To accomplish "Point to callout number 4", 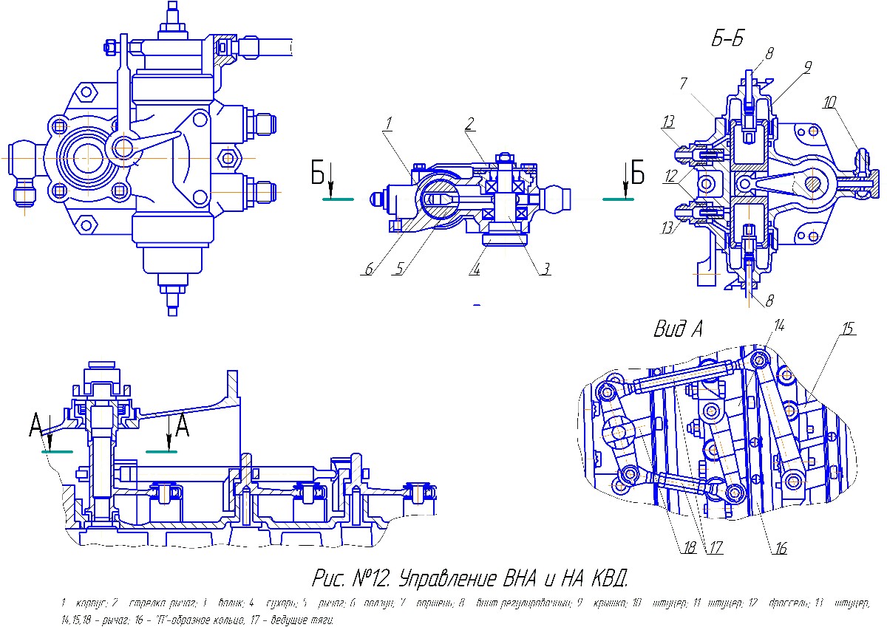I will pyautogui.click(x=474, y=270).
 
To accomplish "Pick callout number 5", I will pyautogui.click(x=400, y=269).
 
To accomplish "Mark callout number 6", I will pyautogui.click(x=367, y=269).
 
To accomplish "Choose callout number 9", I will pyautogui.click(x=808, y=67).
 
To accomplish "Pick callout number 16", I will pyautogui.click(x=781, y=548).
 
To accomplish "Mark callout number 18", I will pyautogui.click(x=690, y=548).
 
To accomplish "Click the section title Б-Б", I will pyautogui.click(x=727, y=40).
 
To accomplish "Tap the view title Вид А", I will pyautogui.click(x=678, y=329).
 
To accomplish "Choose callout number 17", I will pyautogui.click(x=715, y=548).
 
